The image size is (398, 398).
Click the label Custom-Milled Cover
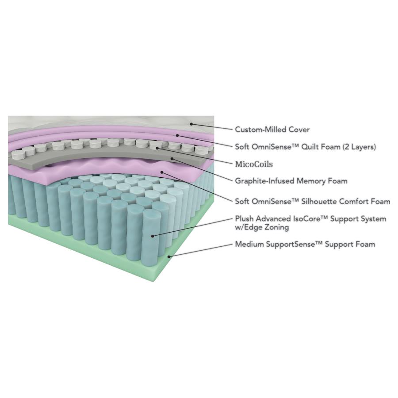pyautogui.click(x=272, y=130)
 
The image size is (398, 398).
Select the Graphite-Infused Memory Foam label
pyautogui.click(x=291, y=181)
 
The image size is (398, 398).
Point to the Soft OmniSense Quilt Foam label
pyautogui.click(x=305, y=147)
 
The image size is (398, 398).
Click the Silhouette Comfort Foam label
pyautogui.click(x=312, y=202)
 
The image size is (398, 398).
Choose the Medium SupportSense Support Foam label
pyautogui.click(x=305, y=244)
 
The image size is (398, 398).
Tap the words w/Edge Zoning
pyautogui.click(x=262, y=227)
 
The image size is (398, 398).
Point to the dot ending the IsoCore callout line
pyautogui.click(x=153, y=236)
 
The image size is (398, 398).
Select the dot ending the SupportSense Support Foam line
pyautogui.click(x=169, y=256)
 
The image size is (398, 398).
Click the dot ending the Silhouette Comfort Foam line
pyautogui.click(x=162, y=172)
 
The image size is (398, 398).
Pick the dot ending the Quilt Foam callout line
pyautogui.click(x=177, y=135)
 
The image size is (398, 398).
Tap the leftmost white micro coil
pyautogui.click(x=18, y=155)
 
